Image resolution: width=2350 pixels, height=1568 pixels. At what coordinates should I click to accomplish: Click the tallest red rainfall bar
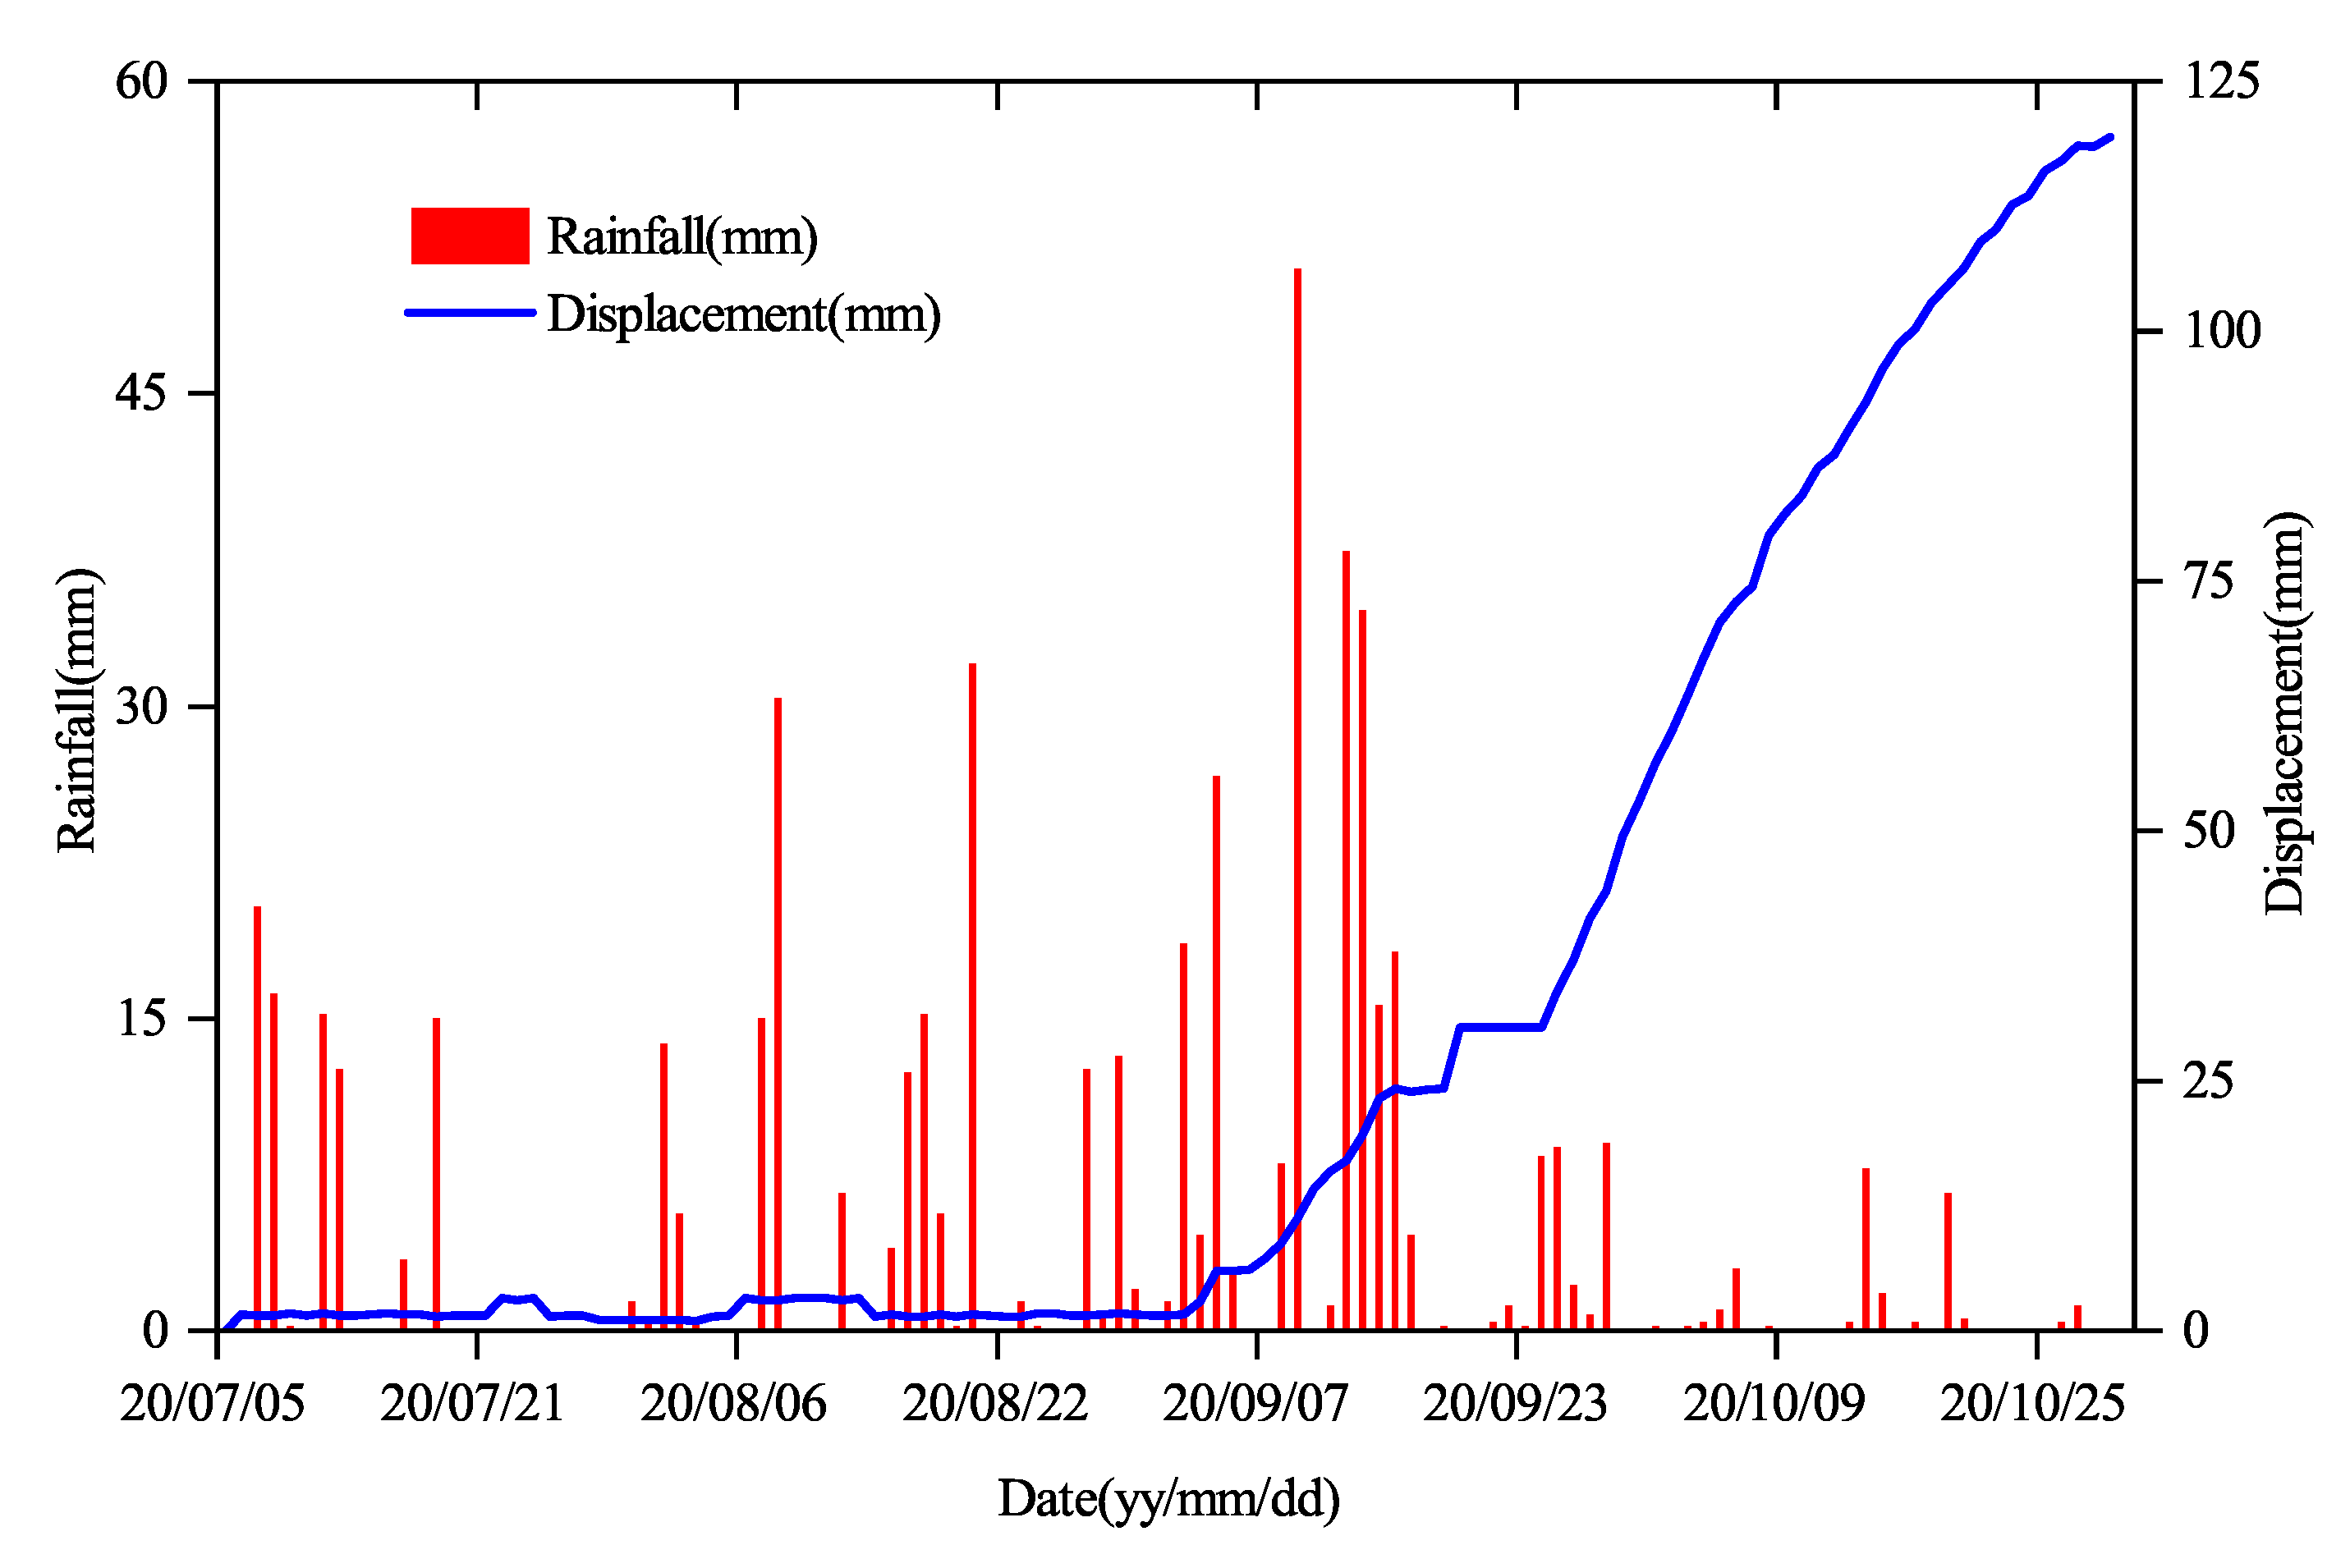[x=1297, y=800]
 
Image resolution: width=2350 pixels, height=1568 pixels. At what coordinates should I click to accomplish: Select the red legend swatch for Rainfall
[x=469, y=236]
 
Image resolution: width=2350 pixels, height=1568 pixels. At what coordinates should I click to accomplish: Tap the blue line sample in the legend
[x=469, y=313]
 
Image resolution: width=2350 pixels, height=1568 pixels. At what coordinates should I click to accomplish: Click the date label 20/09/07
[x=1256, y=1403]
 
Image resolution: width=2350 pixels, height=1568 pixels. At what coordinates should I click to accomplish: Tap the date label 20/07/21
[x=472, y=1403]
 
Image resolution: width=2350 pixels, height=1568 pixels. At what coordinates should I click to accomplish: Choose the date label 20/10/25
[x=2033, y=1403]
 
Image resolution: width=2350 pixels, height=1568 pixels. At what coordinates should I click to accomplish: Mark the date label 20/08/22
[x=995, y=1403]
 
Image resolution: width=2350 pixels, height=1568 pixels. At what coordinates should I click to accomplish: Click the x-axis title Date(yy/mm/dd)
[x=1168, y=1498]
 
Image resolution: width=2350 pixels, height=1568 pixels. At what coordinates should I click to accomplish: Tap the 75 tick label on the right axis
[x=2208, y=581]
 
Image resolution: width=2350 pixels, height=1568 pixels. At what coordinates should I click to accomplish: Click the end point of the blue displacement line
[x=2110, y=137]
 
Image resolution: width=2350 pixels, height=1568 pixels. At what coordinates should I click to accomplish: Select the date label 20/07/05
[x=212, y=1403]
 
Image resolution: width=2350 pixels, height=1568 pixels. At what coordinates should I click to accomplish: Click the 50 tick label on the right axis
[x=2208, y=831]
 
